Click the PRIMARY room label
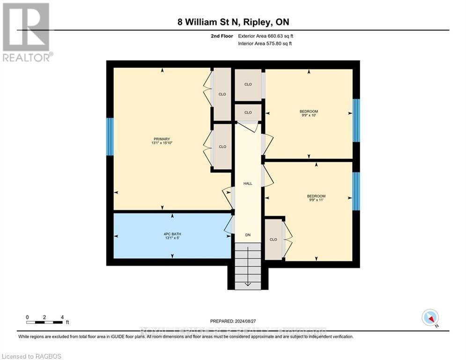162,139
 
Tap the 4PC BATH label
172,234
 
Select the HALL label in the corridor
248,183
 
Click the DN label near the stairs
248,235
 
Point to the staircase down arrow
248,283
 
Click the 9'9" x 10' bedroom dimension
309,115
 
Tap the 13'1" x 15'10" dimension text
162,143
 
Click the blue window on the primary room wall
110,136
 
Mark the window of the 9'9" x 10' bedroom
356,120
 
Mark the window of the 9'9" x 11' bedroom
356,191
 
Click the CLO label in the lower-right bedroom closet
273,240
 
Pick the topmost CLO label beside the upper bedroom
248,84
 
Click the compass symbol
429,318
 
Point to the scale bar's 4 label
62,317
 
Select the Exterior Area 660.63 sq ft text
266,36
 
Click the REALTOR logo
27,32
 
